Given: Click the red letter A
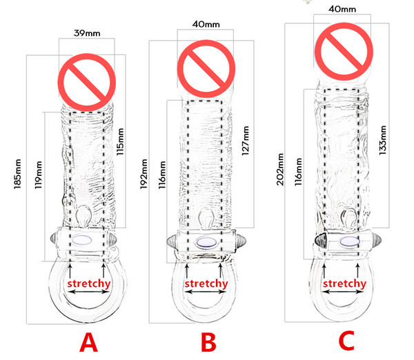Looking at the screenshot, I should pyautogui.click(x=88, y=341).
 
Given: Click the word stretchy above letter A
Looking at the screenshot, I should pyautogui.click(x=89, y=283).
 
